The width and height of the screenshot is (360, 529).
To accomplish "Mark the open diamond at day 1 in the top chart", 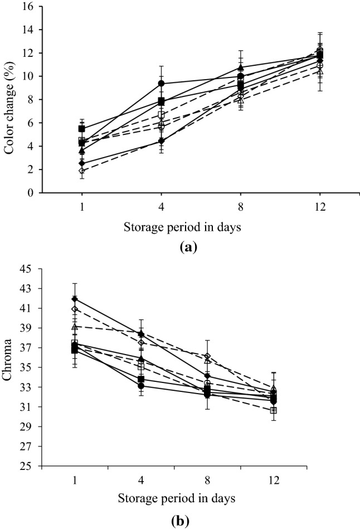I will coord(82,171).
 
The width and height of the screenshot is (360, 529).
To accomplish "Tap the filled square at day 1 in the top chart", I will coord(82,129).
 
